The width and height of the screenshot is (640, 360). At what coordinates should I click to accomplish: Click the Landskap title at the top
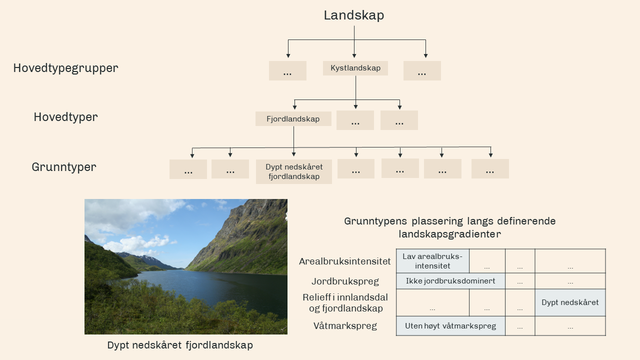coord(354,15)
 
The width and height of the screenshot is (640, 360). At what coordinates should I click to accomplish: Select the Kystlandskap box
coord(355,68)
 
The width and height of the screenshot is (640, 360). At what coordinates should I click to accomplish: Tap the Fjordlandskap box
coord(293,119)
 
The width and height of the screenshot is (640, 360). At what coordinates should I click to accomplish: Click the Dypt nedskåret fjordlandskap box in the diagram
coord(294,171)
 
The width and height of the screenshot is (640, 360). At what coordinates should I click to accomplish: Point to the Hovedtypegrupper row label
coord(65,68)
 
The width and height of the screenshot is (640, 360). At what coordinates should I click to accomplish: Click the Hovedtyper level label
coord(65,117)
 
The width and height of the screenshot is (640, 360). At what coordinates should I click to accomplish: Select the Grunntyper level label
coord(64,167)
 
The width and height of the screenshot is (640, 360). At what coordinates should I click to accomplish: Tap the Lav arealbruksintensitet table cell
coord(432,261)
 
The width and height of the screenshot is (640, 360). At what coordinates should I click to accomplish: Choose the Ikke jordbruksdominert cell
coord(450,281)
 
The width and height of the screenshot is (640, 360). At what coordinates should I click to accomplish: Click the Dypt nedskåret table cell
coord(570,302)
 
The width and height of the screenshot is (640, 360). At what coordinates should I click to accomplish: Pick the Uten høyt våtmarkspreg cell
coord(450,326)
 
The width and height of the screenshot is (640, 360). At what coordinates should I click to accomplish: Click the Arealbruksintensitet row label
coord(345,261)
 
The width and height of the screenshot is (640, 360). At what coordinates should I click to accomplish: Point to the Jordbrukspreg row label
coord(345,281)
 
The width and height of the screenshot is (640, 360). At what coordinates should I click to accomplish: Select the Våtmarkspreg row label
coord(345,326)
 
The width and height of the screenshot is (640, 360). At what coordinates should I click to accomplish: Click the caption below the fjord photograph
coord(180,345)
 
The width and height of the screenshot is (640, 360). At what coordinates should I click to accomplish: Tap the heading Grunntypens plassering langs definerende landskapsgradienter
coord(450,227)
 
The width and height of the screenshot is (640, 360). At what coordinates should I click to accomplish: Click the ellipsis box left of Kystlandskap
coord(287,71)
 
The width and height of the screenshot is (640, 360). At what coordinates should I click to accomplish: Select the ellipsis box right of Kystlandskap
coord(422,71)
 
